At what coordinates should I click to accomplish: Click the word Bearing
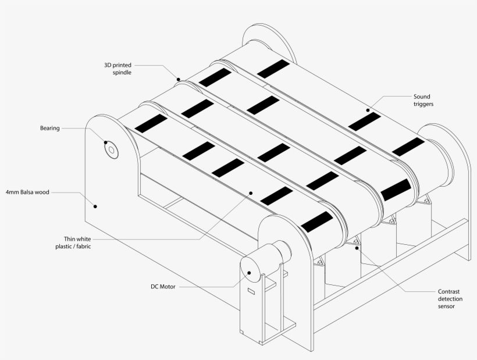point(49,128)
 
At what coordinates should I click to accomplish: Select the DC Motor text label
point(163,286)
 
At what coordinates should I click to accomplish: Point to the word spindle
point(122,73)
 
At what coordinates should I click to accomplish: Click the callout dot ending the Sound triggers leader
point(368,109)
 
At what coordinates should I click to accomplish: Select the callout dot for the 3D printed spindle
point(179,79)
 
